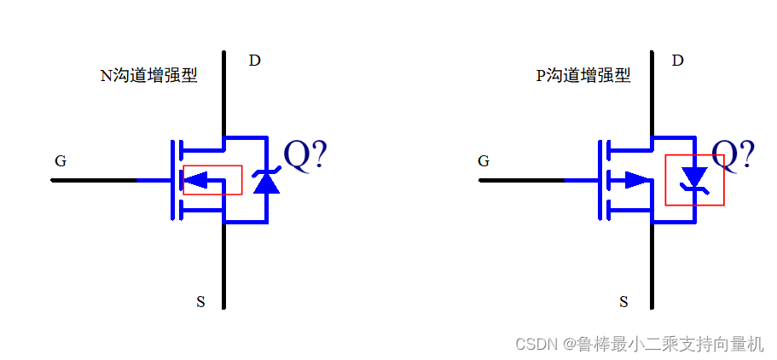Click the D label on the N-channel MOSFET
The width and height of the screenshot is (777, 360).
(x=254, y=61)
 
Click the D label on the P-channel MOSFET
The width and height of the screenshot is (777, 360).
(x=678, y=61)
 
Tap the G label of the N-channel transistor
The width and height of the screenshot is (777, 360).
(x=61, y=160)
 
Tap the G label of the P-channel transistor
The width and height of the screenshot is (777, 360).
(x=484, y=160)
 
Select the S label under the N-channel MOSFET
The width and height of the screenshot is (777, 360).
(x=200, y=301)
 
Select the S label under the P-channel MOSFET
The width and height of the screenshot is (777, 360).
(x=623, y=301)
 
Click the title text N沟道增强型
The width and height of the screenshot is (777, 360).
(x=148, y=76)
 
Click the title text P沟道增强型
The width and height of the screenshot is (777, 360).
(x=583, y=76)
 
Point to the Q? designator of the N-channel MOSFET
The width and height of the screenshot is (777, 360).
(x=304, y=155)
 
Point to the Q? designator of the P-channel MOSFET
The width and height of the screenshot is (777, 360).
(x=733, y=155)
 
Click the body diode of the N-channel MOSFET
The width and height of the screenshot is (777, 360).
(x=268, y=181)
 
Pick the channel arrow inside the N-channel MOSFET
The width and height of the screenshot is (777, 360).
(x=198, y=180)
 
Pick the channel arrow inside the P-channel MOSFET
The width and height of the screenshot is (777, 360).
(x=635, y=180)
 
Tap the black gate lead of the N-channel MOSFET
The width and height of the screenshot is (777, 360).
(x=94, y=180)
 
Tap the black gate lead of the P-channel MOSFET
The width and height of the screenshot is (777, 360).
(x=520, y=180)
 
